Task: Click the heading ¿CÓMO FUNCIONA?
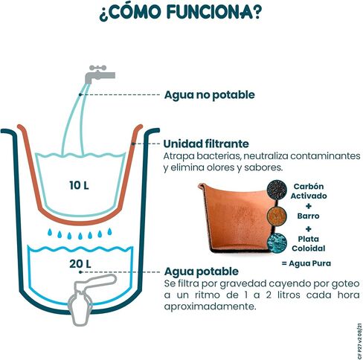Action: [180, 12]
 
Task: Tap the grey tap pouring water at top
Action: [100, 74]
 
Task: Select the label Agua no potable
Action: [209, 95]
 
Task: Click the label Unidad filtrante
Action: [206, 144]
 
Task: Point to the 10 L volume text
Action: [79, 185]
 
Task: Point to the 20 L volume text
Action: [80, 264]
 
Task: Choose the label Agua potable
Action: [201, 271]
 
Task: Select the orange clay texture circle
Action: [277, 216]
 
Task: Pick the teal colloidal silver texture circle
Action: [277, 243]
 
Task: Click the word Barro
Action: [308, 216]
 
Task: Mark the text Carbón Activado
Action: [309, 191]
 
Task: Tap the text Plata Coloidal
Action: [308, 244]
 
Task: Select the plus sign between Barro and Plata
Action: [309, 229]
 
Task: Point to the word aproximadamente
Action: [210, 307]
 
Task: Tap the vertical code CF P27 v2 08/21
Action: [359, 341]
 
